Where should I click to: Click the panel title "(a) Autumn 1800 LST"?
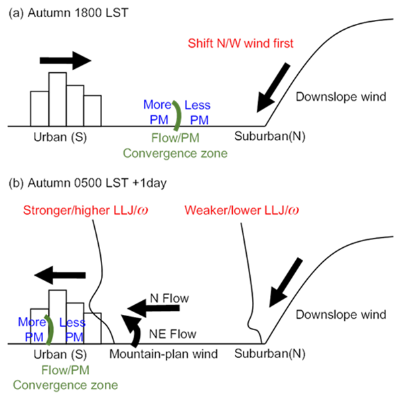tap(68, 13)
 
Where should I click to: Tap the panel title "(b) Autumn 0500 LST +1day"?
tap(88, 183)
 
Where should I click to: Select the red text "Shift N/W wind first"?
tap(241, 43)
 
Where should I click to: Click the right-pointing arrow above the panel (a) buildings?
tap(66, 61)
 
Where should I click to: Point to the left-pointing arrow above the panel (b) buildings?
tap(60, 275)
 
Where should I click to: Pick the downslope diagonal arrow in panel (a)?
tap(273, 87)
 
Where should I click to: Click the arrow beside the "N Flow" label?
tap(153, 308)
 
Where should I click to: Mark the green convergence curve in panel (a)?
tap(178, 115)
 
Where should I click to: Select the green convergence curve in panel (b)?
tap(50, 329)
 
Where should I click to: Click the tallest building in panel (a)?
tap(58, 99)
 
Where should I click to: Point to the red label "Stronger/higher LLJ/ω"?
tap(86, 210)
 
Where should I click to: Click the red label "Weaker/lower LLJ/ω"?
tap(241, 210)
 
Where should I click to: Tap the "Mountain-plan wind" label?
tap(164, 354)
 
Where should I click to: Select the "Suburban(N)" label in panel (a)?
tap(269, 137)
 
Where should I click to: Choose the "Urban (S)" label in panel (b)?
tap(60, 355)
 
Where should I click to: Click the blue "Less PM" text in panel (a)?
tap(198, 113)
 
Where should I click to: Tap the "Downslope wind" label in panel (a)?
tap(341, 97)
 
